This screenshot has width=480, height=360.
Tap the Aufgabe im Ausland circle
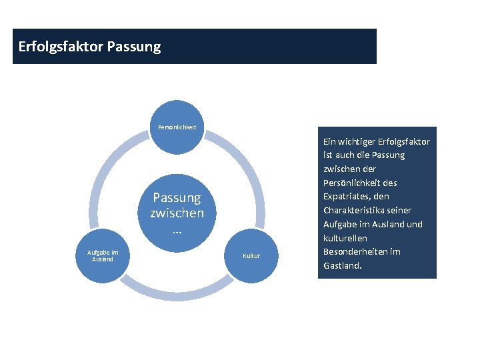(x=103, y=255)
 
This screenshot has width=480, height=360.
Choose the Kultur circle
(x=251, y=256)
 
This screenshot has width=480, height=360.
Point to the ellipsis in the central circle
(x=177, y=229)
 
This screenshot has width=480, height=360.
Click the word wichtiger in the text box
(x=358, y=141)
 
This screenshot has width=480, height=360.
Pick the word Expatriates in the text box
(x=347, y=197)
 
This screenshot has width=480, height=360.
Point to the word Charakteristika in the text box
(x=358, y=211)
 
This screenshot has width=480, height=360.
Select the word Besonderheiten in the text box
(x=355, y=252)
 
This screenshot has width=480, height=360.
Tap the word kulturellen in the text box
(x=345, y=238)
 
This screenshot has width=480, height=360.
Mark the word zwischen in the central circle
(x=177, y=213)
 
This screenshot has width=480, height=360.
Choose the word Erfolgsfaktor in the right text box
(x=405, y=141)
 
